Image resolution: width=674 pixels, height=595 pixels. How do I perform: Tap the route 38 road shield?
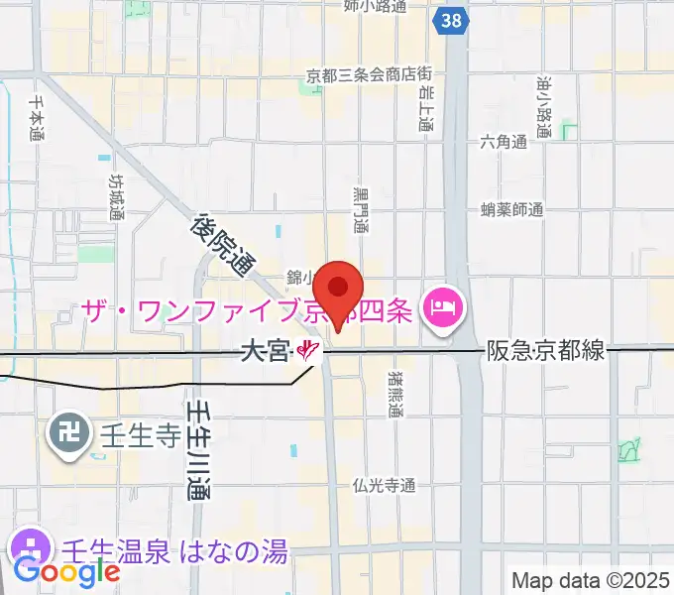(x=452, y=21)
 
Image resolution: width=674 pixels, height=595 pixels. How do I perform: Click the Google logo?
(x=66, y=572)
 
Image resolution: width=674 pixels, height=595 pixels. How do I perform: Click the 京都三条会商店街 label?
(x=369, y=74)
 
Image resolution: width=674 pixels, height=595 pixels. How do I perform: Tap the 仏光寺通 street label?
(x=384, y=485)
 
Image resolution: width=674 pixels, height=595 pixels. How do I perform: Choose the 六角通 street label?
(x=503, y=143)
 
